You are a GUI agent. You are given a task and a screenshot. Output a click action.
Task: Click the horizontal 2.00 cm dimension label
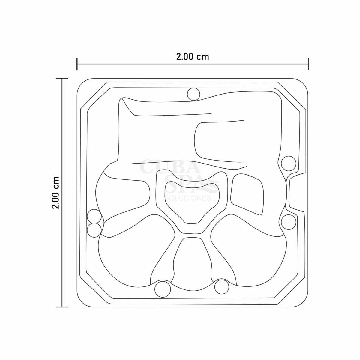pos(193,57)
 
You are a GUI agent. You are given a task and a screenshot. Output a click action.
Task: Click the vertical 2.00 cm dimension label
pos(55,192)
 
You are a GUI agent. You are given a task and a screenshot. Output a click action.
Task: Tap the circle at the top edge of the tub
pos(193,94)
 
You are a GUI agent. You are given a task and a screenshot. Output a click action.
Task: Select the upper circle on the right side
pos(288,163)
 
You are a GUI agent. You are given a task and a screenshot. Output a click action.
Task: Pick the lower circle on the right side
pos(288,222)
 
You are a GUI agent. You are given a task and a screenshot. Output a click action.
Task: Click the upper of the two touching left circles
pos(94,216)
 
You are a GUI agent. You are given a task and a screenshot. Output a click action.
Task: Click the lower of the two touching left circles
pos(94,230)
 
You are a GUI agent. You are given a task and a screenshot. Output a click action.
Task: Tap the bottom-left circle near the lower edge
pos(163,289)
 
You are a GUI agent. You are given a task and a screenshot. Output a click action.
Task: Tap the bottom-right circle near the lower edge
pos(222,287)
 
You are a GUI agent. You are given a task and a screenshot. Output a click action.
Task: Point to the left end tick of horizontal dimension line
pos(77,64)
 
